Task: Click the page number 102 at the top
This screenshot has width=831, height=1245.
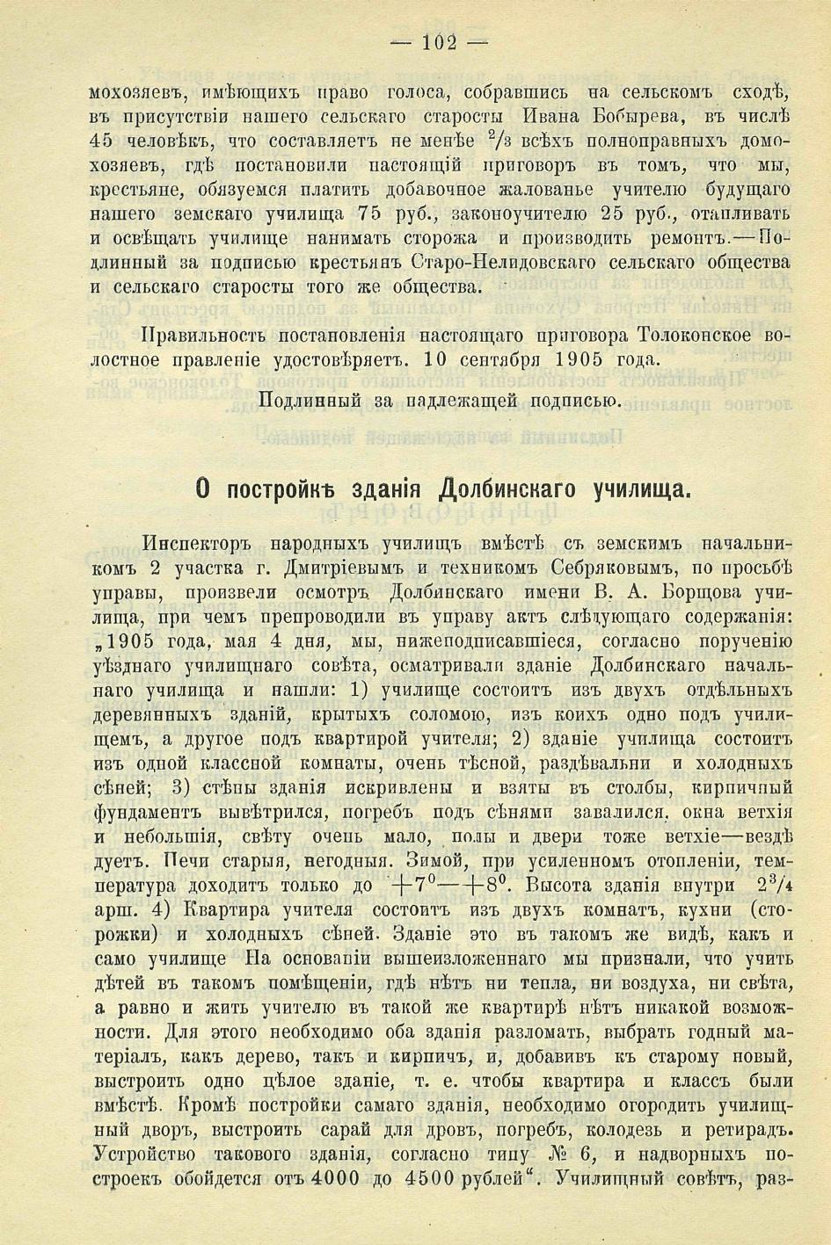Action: click(440, 42)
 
